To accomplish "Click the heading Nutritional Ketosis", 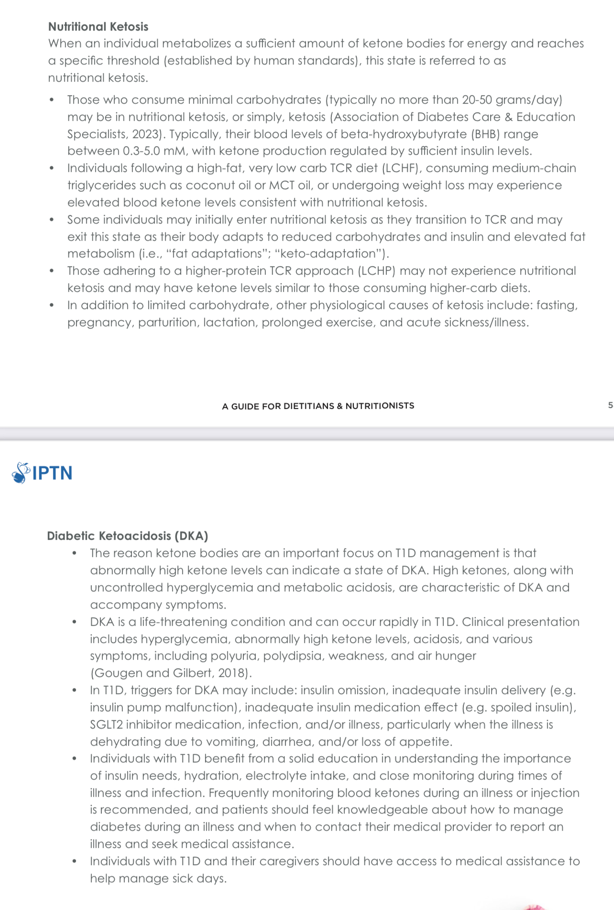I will [98, 27].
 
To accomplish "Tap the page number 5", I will [610, 405].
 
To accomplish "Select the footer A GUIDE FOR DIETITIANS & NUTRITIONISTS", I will [318, 406].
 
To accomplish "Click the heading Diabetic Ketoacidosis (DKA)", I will [127, 535].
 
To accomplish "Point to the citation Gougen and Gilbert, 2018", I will [171, 673].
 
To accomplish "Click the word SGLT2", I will [106, 725].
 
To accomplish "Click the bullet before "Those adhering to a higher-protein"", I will [52, 271].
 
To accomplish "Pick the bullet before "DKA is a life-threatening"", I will [74, 622].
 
